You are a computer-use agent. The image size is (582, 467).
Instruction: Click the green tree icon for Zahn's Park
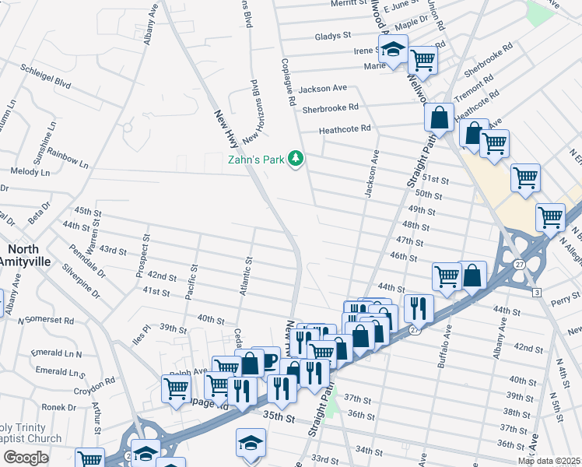click(x=295, y=159)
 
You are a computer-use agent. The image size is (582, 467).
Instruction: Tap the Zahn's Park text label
click(x=255, y=160)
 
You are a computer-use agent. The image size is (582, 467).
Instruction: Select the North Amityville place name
click(x=28, y=255)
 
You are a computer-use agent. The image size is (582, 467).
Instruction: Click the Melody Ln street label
click(x=29, y=171)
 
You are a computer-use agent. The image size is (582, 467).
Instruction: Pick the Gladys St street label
click(x=335, y=37)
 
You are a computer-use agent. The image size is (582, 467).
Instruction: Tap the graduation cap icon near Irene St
click(x=394, y=49)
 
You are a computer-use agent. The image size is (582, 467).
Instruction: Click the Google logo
click(x=26, y=458)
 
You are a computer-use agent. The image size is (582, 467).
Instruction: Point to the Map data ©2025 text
click(x=549, y=461)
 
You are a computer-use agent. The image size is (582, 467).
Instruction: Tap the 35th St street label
click(x=279, y=418)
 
